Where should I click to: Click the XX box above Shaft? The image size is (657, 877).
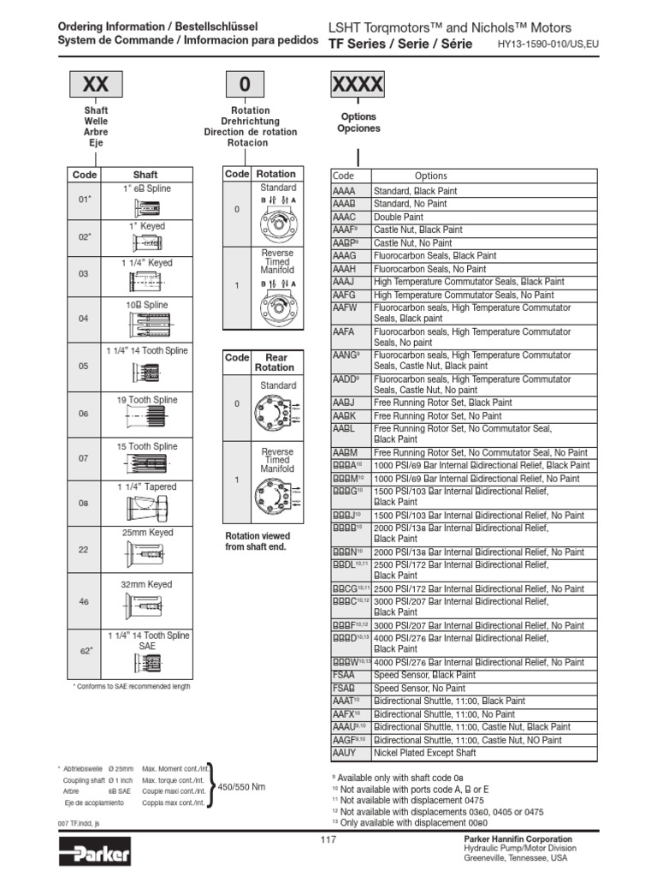pyautogui.click(x=95, y=85)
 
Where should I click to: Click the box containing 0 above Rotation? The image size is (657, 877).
pyautogui.click(x=246, y=85)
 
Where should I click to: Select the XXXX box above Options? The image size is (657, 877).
pyautogui.click(x=358, y=85)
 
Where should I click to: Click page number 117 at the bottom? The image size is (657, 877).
pyautogui.click(x=328, y=839)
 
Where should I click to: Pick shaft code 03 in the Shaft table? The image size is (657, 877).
pyautogui.click(x=84, y=274)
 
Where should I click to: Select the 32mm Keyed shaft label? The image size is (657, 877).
pyautogui.click(x=146, y=584)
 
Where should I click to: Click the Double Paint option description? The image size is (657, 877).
pyautogui.click(x=399, y=218)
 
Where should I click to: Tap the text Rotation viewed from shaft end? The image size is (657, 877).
pyautogui.click(x=257, y=541)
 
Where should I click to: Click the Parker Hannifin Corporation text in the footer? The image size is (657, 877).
pyautogui.click(x=518, y=838)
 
